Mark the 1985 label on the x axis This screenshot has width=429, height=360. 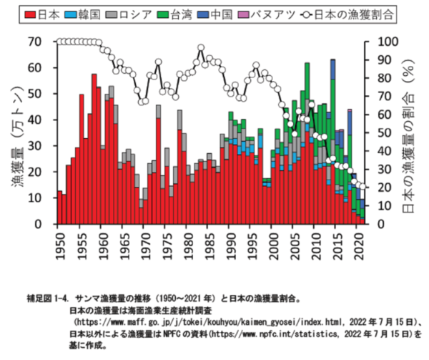click(209, 243)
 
